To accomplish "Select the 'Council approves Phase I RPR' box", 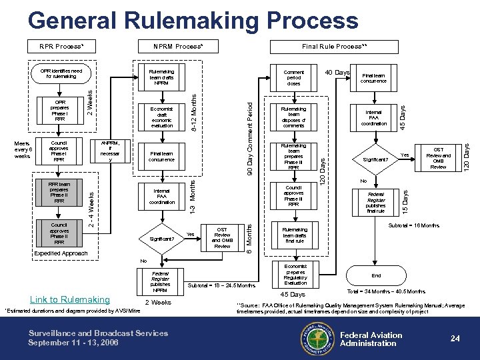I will point(59,151).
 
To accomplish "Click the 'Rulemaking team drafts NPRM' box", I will point(162,77).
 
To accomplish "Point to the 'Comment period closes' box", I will point(294,77).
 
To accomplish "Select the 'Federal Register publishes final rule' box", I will point(377,201).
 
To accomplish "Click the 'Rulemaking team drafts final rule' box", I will point(294,234).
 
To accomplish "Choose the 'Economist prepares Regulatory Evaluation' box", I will point(294,273).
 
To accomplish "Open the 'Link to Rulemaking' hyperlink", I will point(70,299).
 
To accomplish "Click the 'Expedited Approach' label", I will point(61,254).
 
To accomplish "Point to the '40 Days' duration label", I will point(337,71).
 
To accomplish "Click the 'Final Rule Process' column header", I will point(335,47).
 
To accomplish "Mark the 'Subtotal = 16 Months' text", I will point(413,226).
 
